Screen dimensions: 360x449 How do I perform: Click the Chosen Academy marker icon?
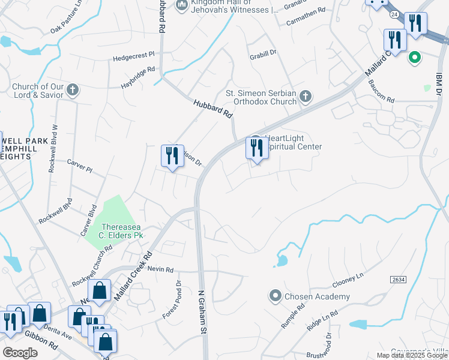pyautogui.click(x=276, y=295)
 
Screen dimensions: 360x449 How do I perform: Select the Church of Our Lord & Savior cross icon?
pyautogui.click(x=73, y=90)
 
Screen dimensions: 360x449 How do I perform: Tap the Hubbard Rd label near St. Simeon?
pyautogui.click(x=212, y=109)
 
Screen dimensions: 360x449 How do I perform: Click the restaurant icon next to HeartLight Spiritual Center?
pyautogui.click(x=257, y=148)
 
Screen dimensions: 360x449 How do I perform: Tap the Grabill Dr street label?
pyautogui.click(x=262, y=53)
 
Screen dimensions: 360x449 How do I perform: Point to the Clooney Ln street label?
pyautogui.click(x=348, y=280)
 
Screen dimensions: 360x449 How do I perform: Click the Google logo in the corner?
pyautogui.click(x=20, y=353)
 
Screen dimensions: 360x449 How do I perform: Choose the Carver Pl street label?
pyautogui.click(x=79, y=166)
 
